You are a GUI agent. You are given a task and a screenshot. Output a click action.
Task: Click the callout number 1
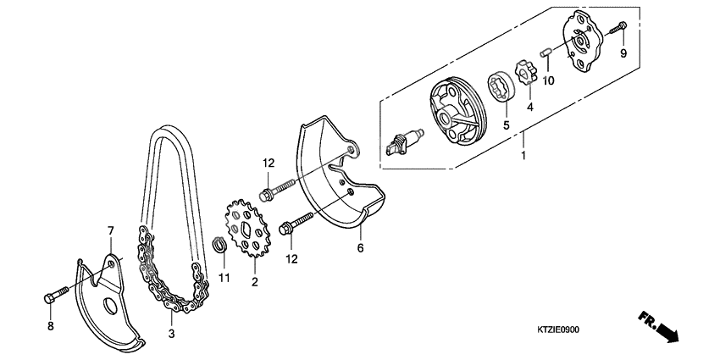(522, 158)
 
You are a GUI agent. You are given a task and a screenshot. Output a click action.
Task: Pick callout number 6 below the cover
(359, 248)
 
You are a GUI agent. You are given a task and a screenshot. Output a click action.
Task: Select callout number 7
(109, 230)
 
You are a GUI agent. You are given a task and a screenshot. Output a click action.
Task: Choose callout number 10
(548, 80)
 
